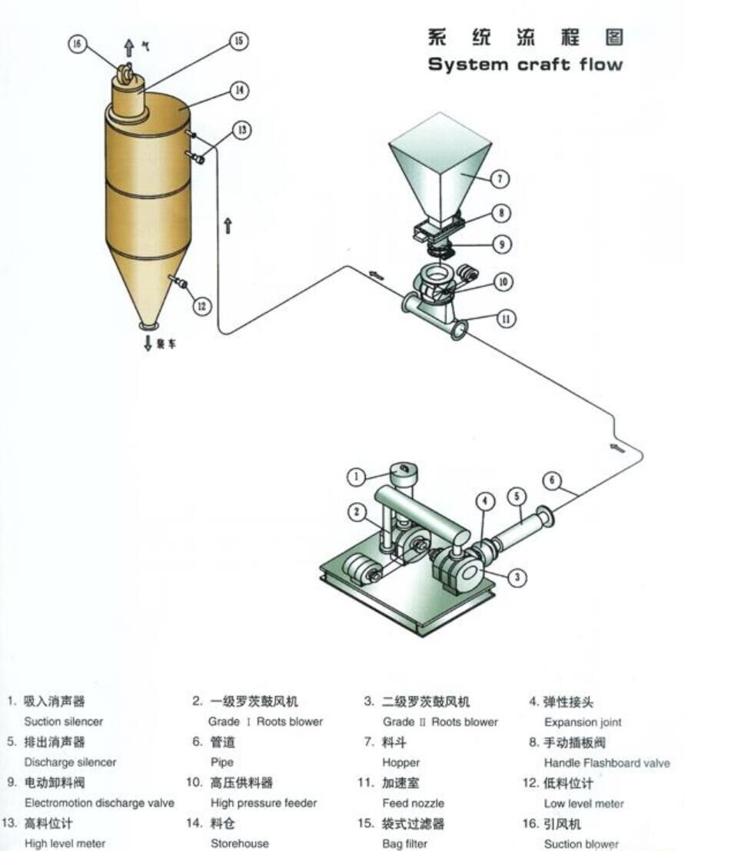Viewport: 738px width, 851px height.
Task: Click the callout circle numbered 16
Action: (76, 44)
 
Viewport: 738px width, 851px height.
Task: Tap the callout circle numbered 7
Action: (500, 179)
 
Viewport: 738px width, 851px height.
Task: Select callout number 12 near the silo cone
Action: (201, 306)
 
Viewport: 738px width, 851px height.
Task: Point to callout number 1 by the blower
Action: (356, 477)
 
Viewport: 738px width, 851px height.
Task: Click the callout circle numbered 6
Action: (552, 480)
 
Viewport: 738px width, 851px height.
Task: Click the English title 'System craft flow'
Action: (525, 65)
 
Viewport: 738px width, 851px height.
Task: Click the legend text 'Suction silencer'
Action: (63, 722)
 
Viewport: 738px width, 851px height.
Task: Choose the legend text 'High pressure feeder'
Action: (263, 803)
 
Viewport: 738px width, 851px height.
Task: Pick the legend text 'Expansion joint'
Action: (583, 723)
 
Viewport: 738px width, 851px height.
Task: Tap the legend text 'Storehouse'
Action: (240, 843)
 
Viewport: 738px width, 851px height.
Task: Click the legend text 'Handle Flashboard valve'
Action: (607, 763)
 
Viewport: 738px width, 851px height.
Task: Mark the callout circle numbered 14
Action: (240, 91)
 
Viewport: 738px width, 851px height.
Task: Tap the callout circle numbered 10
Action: (503, 282)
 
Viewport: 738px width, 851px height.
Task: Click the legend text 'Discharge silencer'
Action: (70, 763)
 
